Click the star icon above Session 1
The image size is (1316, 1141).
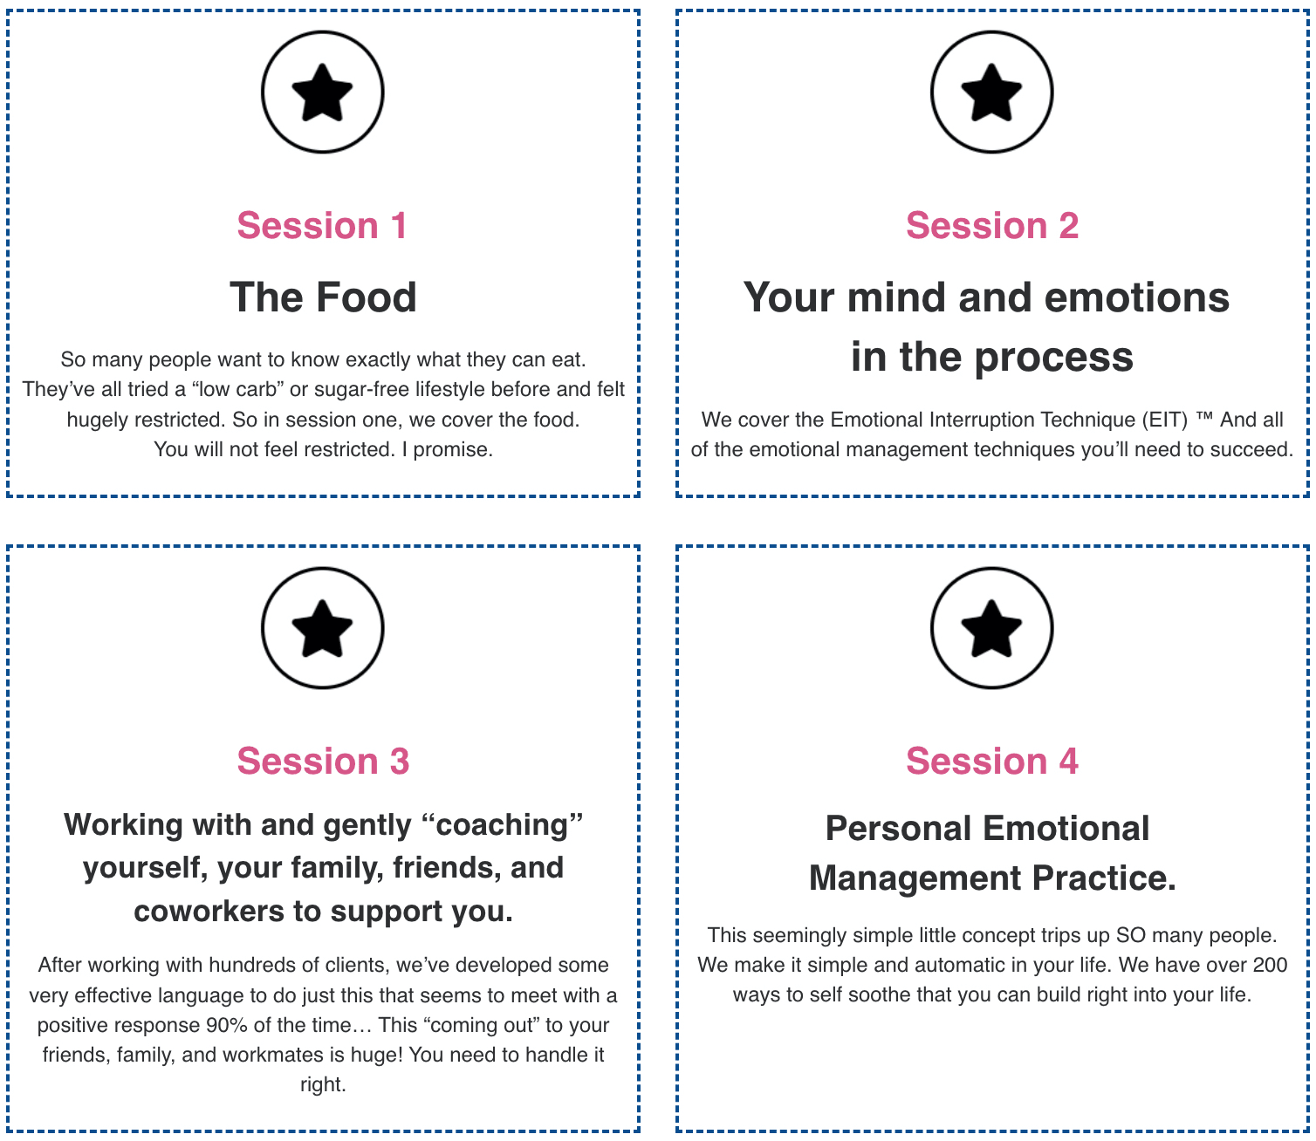(x=322, y=92)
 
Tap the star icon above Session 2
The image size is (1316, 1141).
(x=991, y=92)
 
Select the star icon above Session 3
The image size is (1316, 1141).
(x=322, y=628)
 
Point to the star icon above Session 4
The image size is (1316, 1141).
(x=991, y=628)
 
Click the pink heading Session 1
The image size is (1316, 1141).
(x=322, y=226)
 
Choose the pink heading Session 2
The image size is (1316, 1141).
(x=992, y=226)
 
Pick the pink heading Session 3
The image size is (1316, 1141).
(x=323, y=761)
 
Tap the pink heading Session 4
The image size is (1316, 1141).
(x=992, y=761)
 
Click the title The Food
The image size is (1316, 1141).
(x=323, y=297)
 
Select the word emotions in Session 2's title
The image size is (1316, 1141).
(x=1136, y=297)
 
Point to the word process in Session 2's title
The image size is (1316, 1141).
(x=1053, y=358)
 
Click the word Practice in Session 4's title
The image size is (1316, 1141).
(x=1104, y=878)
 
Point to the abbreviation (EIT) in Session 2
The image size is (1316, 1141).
(x=1165, y=420)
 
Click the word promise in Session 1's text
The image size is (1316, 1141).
(x=453, y=450)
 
